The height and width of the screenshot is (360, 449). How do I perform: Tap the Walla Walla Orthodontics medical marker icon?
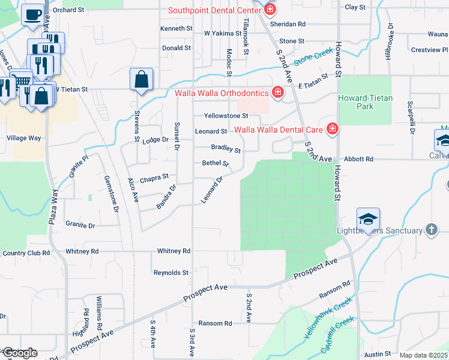pyautogui.click(x=277, y=92)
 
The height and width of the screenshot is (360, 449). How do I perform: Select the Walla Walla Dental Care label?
pyautogui.click(x=278, y=129)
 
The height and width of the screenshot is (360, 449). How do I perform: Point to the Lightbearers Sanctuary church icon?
pyautogui.click(x=431, y=230)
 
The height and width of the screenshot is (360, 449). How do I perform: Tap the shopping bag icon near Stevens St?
pyautogui.click(x=141, y=79)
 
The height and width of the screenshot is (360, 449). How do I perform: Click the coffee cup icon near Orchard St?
pyautogui.click(x=32, y=13)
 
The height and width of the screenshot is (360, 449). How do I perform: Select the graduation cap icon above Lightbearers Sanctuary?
pyautogui.click(x=368, y=218)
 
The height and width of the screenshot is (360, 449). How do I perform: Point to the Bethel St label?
pyautogui.click(x=216, y=163)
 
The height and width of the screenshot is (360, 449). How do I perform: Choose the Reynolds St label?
pyautogui.click(x=171, y=272)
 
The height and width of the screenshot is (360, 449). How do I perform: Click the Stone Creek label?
pyautogui.click(x=313, y=57)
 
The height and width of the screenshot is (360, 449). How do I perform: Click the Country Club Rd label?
pyautogui.click(x=26, y=253)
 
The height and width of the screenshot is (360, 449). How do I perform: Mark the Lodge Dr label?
pyautogui.click(x=156, y=140)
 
